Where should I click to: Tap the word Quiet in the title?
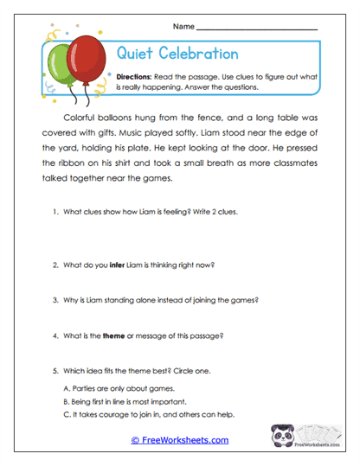[x=134, y=54]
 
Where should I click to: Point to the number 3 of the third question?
[x=55, y=299]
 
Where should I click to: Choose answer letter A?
[x=67, y=389]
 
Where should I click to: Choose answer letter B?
[x=67, y=402]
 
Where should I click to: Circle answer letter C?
[x=67, y=416]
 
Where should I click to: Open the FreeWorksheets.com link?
[x=179, y=440]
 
